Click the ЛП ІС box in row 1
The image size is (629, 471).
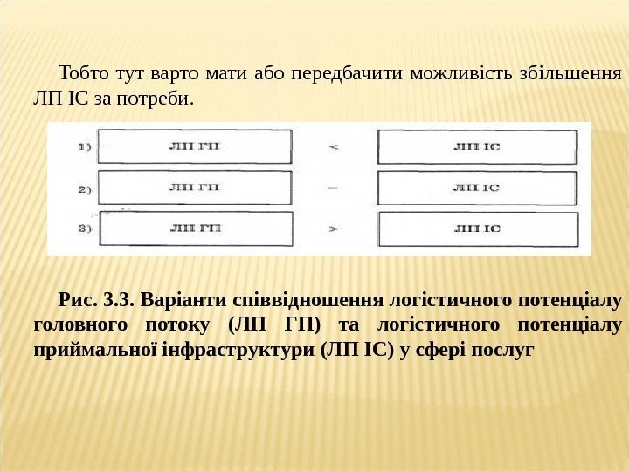(x=477, y=145)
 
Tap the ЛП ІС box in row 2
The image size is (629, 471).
(x=477, y=187)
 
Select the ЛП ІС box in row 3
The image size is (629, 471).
(x=477, y=228)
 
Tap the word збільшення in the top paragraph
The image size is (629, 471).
(x=577, y=72)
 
